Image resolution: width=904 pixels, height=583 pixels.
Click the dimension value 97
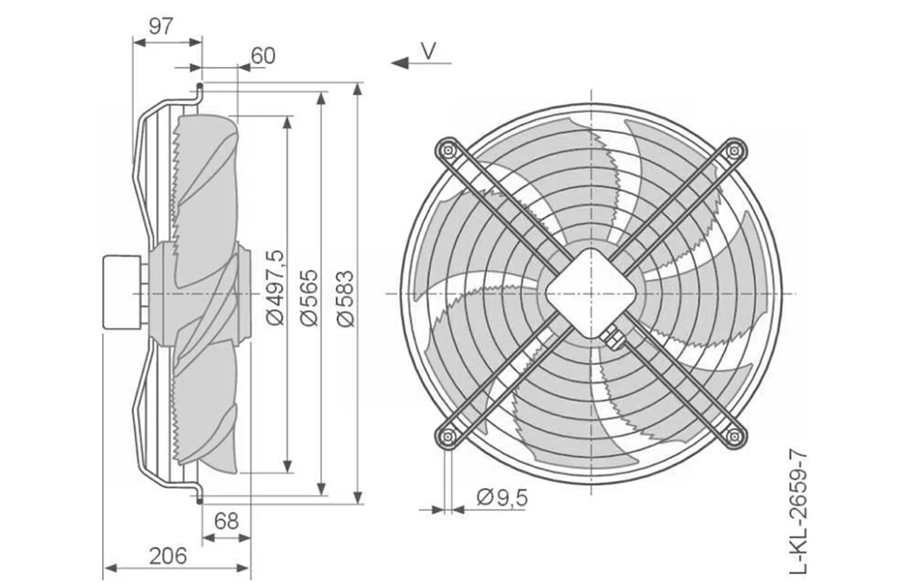tap(161, 26)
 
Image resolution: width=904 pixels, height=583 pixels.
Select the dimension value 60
tap(263, 55)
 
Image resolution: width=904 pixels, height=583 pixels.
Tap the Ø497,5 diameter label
tap(276, 287)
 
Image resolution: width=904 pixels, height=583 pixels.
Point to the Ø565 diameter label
tap(310, 297)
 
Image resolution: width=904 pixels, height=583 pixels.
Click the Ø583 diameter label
tap(345, 298)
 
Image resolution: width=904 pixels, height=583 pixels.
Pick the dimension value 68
tap(226, 521)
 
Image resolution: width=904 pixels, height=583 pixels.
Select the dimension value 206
tap(168, 556)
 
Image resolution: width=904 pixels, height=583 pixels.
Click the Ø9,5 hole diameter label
tap(502, 496)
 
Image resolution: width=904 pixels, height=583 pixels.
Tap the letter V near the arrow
tap(428, 51)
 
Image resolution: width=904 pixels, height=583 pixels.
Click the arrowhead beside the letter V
tap(400, 62)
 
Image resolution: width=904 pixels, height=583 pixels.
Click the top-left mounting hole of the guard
tap(447, 151)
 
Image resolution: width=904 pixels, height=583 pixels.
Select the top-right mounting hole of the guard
tap(734, 151)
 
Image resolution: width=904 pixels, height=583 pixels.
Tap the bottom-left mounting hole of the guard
tap(447, 437)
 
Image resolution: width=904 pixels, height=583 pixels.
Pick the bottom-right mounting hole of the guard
tap(734, 437)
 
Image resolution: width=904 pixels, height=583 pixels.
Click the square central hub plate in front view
tap(591, 294)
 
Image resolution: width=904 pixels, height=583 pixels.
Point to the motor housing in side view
tap(121, 292)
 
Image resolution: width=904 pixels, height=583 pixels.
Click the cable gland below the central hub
tap(612, 337)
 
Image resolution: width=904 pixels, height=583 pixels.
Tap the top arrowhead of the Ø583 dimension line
tap(358, 89)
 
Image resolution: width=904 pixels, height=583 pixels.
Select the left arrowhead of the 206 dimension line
tap(109, 569)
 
